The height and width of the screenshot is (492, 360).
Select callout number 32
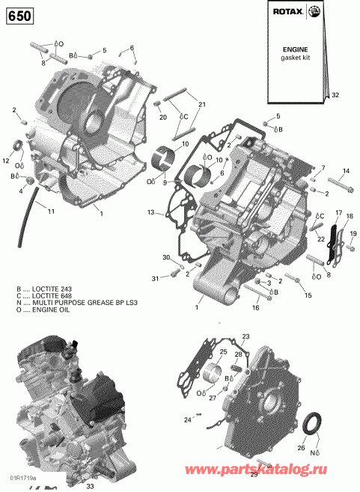335,95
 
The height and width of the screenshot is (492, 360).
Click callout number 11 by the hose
51,212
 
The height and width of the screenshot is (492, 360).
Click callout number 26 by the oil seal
323,449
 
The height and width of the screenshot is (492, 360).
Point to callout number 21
200,104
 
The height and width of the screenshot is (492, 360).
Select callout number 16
254,307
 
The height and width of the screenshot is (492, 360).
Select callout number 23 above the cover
245,336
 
